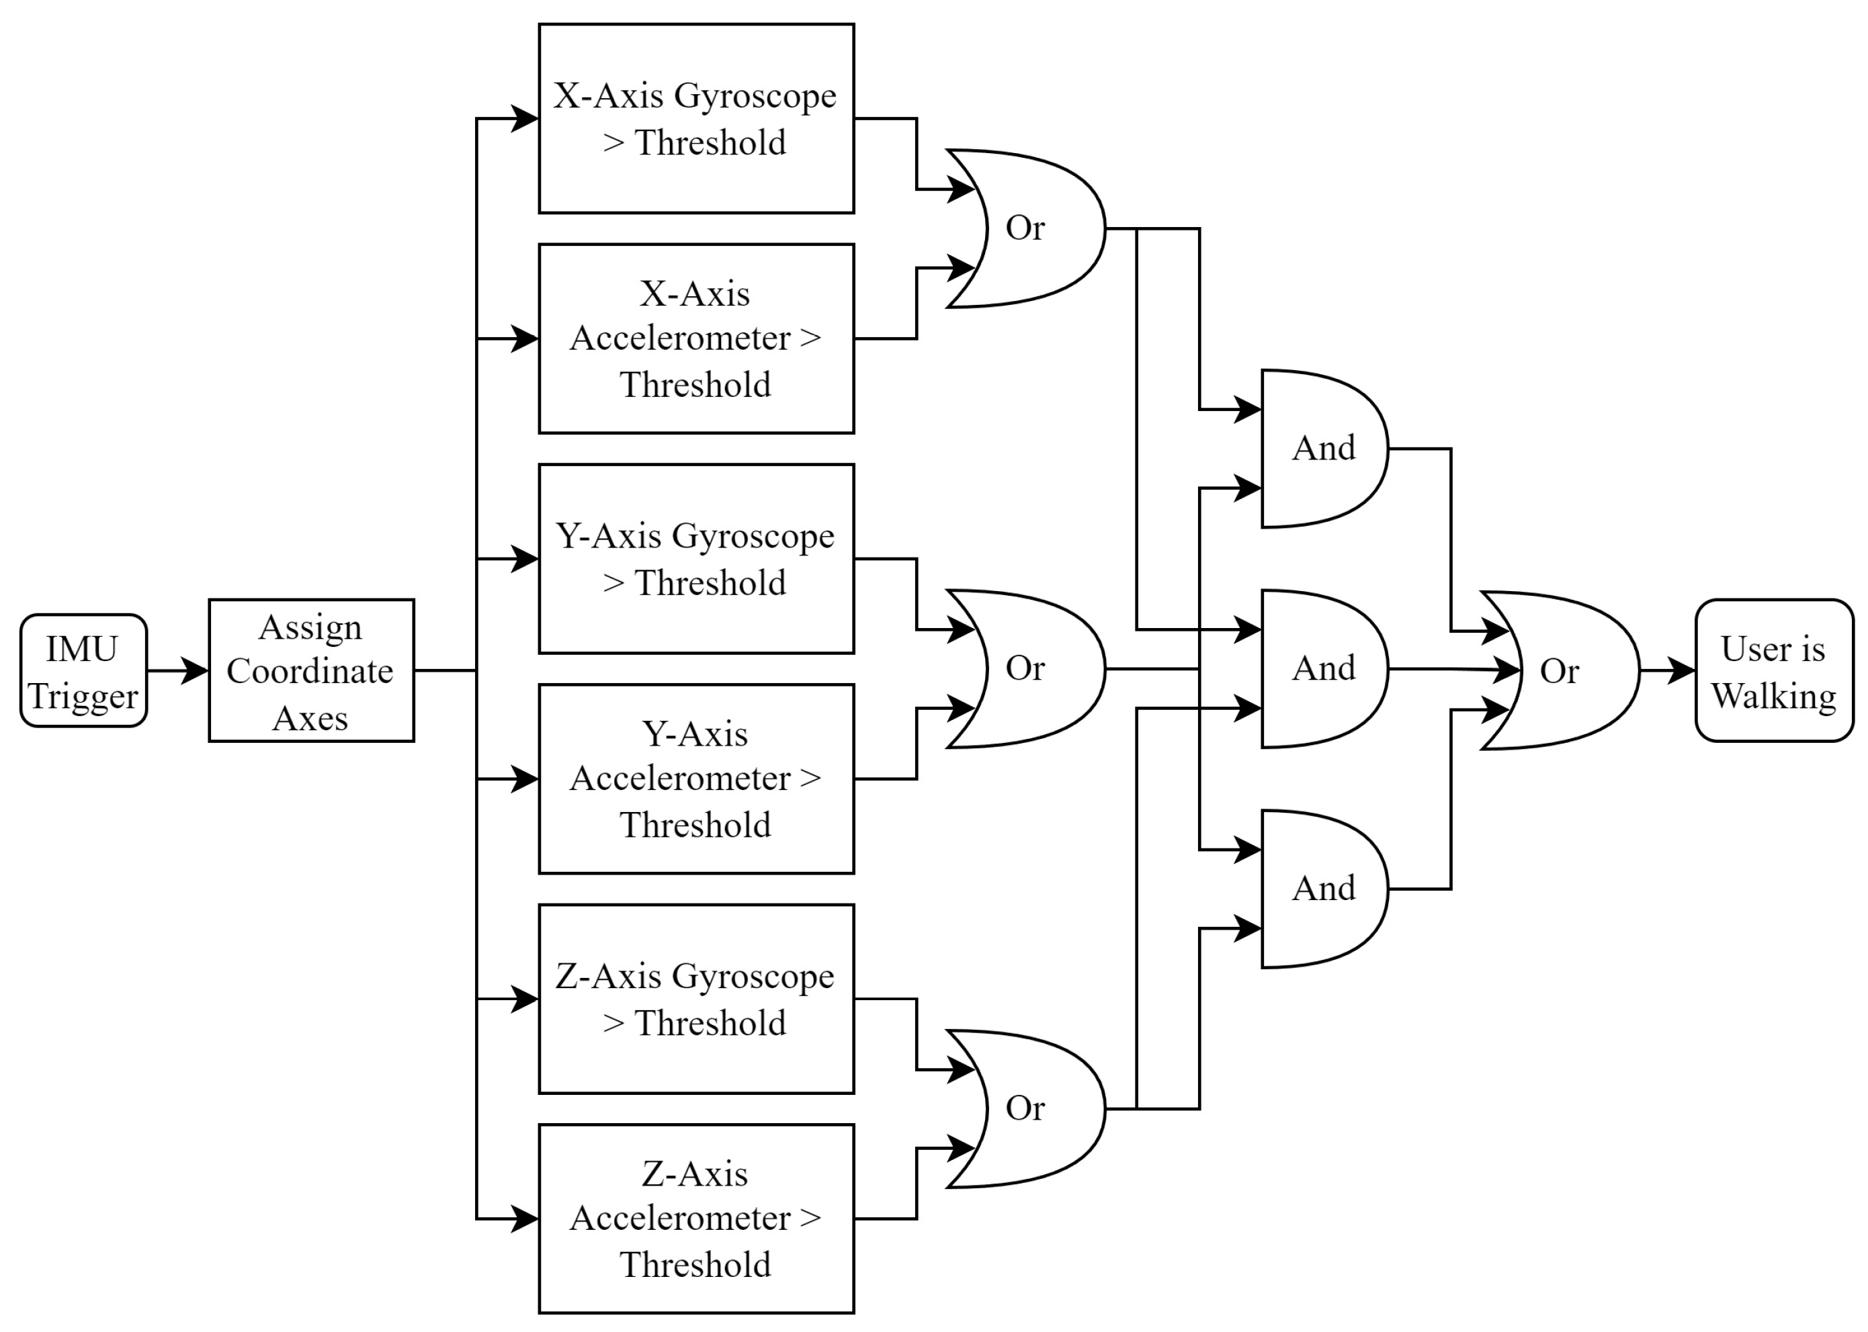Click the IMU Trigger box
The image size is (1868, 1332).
tap(83, 670)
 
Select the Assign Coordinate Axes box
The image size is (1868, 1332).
tap(310, 670)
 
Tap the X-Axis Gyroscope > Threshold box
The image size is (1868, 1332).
tap(695, 118)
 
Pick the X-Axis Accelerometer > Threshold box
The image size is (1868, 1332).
tap(695, 338)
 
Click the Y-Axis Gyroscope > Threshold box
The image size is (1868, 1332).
tap(695, 559)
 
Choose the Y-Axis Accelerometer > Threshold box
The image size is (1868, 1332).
tap(695, 779)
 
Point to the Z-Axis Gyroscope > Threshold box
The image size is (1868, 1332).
tap(695, 998)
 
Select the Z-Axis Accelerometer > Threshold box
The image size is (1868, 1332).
tap(695, 1218)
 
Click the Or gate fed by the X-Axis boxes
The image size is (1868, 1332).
tap(1025, 228)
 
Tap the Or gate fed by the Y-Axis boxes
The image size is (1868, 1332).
tap(1025, 668)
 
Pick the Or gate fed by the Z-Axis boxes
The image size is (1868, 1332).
tap(1025, 1108)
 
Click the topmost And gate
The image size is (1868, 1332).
tap(1322, 449)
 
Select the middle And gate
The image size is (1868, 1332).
tap(1322, 668)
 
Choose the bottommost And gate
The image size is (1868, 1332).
tap(1322, 888)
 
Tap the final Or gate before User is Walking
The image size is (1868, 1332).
tap(1559, 671)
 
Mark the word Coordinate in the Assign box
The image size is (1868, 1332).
tap(310, 672)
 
